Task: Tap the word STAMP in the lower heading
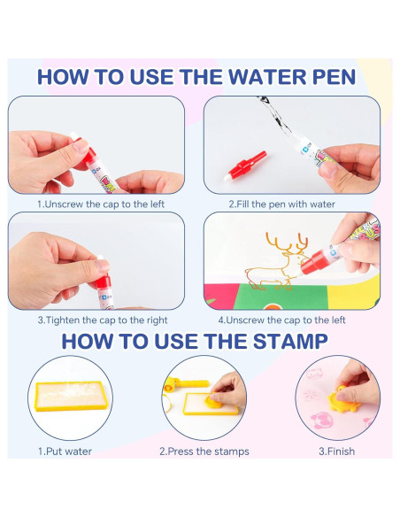tap(290, 341)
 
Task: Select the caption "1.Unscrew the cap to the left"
tap(101, 204)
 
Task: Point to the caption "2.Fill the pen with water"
tap(281, 204)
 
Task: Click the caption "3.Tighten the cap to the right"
tap(103, 320)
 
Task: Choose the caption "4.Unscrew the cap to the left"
tap(281, 320)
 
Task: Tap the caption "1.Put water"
tap(65, 451)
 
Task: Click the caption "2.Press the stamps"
tap(204, 451)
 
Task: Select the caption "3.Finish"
tap(337, 451)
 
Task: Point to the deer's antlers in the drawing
tap(287, 243)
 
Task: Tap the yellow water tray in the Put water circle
tap(71, 397)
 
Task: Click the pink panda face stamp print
tap(321, 421)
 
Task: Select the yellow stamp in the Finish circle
tap(343, 399)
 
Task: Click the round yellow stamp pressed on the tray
tap(214, 401)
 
